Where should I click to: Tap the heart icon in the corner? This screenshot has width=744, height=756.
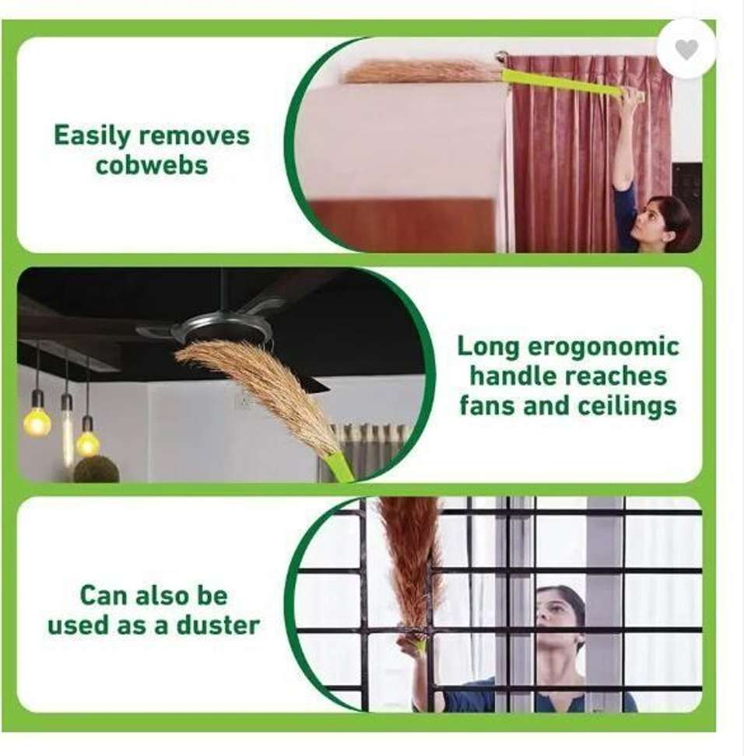[x=686, y=50]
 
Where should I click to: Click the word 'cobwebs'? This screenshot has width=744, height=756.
[x=152, y=165]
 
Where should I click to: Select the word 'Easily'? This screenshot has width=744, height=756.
[x=92, y=136]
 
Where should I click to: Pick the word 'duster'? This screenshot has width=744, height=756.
[x=218, y=625]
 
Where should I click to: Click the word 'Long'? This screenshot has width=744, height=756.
[x=488, y=348]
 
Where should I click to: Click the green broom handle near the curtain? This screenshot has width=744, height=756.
[x=564, y=84]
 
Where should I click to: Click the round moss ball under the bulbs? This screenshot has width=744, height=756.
[x=97, y=470]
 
